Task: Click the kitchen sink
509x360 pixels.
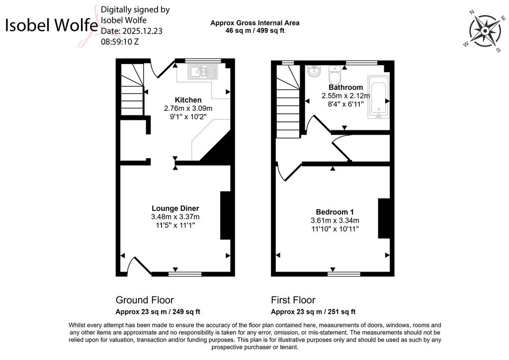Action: (202, 72)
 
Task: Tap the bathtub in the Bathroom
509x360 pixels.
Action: (378, 97)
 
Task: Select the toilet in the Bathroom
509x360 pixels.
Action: (334, 75)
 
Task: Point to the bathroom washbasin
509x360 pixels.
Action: (314, 72)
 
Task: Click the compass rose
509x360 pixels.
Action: (485, 31)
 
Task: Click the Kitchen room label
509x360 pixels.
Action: (188, 100)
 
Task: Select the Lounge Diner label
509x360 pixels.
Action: (175, 208)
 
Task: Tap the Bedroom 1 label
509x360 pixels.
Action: (335, 212)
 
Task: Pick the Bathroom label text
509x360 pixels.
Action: (346, 88)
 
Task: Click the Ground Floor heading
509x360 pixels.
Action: (145, 300)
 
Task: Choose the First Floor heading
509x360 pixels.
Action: (293, 300)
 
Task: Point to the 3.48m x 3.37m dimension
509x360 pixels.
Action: (175, 217)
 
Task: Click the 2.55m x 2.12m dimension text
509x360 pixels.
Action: (346, 96)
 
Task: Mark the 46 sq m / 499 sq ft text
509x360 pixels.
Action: (255, 31)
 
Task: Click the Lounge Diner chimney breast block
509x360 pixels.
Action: (225, 215)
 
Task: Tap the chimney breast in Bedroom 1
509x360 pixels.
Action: (384, 218)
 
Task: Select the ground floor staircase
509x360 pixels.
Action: (132, 90)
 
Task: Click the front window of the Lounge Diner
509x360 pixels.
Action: (185, 274)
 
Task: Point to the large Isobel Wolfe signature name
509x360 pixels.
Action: (51, 25)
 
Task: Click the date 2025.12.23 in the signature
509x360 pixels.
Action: (131, 31)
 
